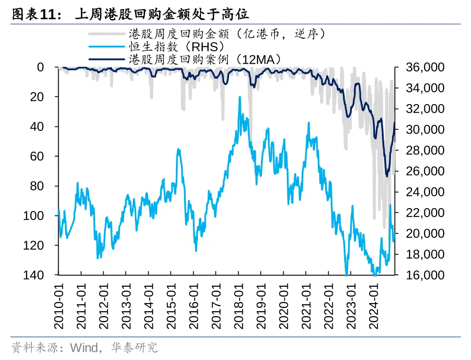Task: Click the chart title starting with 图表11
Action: point(130,15)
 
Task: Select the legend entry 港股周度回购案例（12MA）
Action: point(205,59)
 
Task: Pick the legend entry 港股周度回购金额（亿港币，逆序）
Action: point(227,34)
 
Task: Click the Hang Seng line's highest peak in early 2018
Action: point(240,97)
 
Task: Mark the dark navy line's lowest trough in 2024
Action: point(387,176)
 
